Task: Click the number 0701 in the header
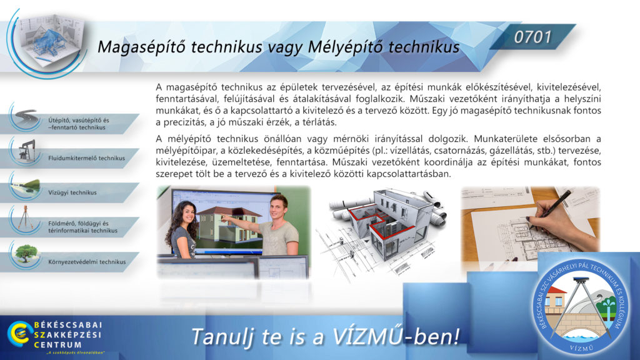[532, 37]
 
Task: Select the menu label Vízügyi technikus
[72, 192]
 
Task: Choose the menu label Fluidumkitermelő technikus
[86, 158]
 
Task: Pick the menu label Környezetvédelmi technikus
[87, 262]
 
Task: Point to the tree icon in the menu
[25, 254]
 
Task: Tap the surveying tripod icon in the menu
[25, 217]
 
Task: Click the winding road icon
[26, 117]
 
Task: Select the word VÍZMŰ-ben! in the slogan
[396, 336]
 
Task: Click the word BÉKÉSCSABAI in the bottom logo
[68, 325]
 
